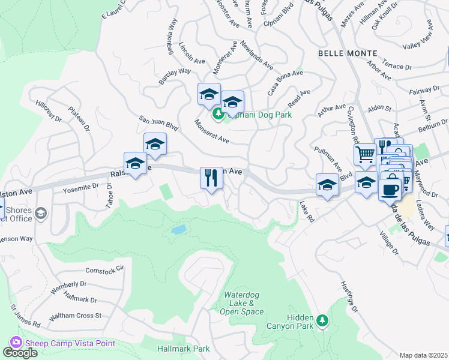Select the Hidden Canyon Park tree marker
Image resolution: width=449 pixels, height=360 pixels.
tap(324, 320)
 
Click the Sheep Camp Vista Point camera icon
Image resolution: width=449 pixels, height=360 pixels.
tap(16, 343)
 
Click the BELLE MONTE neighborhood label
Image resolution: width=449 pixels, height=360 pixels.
tap(348, 53)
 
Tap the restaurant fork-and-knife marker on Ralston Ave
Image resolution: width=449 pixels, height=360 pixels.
tap(211, 178)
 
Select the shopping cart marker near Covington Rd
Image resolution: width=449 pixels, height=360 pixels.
tap(365, 155)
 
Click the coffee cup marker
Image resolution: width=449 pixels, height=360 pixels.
tap(390, 189)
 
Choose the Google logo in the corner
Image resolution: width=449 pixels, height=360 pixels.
tap(20, 352)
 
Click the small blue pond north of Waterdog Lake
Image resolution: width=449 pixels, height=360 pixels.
tap(178, 230)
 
